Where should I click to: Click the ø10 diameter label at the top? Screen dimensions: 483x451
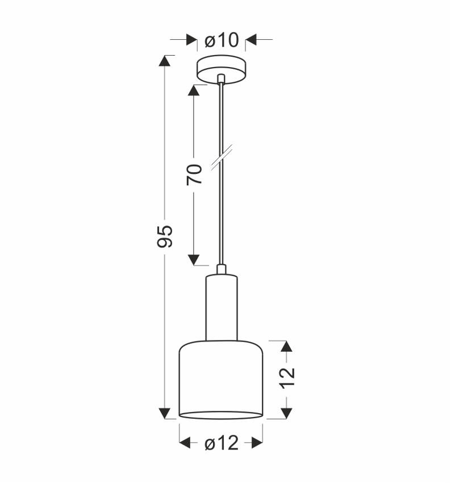221,40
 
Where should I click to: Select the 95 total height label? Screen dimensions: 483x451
164,236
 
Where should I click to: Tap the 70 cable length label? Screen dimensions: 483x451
194,173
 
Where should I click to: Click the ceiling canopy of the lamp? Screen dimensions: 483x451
221,69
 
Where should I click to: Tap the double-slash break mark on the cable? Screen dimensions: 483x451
220,159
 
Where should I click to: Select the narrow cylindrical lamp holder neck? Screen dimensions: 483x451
221,307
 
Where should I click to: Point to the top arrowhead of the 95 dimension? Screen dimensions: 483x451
165,61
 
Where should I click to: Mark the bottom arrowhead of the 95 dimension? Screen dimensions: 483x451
165,413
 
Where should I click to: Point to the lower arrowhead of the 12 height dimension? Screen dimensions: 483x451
287,413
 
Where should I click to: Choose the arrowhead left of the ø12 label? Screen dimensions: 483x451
185,443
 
